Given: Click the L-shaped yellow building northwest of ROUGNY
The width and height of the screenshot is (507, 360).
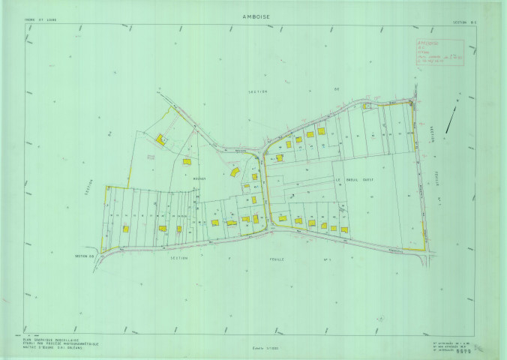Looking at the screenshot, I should point(160,139).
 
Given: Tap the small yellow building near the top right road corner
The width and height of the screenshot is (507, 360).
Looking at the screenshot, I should point(365,106).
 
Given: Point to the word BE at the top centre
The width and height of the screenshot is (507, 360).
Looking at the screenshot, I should point(337,89).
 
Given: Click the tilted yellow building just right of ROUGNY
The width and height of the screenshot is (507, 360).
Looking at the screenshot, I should point(234,172).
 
